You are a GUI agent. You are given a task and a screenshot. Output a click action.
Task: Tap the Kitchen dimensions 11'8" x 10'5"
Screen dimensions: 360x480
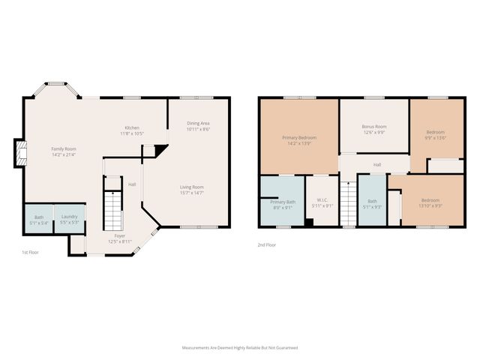coord(132,133)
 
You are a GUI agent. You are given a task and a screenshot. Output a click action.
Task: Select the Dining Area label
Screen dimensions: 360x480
coord(198,123)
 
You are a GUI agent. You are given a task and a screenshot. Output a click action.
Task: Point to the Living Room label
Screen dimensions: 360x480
coord(191,187)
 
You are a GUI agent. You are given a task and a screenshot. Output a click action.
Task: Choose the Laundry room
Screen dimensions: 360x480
coord(70,218)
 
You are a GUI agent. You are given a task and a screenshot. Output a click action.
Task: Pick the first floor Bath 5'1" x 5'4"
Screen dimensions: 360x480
coord(37,218)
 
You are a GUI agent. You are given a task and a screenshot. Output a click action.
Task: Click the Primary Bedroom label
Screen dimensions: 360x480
coord(298,138)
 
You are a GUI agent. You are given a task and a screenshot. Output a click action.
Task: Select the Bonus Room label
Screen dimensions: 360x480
coord(373,127)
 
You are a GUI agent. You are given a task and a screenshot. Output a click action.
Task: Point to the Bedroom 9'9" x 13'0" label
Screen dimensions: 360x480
coord(435,133)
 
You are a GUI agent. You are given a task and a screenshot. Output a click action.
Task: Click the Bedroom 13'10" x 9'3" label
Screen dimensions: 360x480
coord(430,200)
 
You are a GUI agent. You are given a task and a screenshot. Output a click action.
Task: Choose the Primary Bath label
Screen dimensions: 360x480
coord(283,202)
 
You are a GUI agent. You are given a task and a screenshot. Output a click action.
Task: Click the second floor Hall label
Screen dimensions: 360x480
coord(377,164)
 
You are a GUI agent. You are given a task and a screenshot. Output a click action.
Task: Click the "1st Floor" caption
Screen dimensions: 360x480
coord(31,253)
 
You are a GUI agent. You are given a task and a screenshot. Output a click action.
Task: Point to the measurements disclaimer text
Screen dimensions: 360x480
coord(240,348)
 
